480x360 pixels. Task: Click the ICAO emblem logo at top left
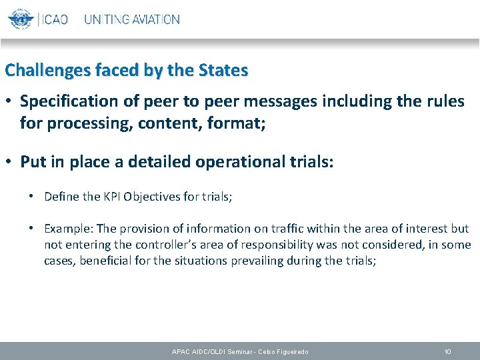[x=21, y=19]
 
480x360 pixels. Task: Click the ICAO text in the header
[x=54, y=19]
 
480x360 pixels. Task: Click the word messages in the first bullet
[x=283, y=101]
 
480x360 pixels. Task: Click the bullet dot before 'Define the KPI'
[x=32, y=197]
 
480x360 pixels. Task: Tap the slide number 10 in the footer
[x=448, y=351]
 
